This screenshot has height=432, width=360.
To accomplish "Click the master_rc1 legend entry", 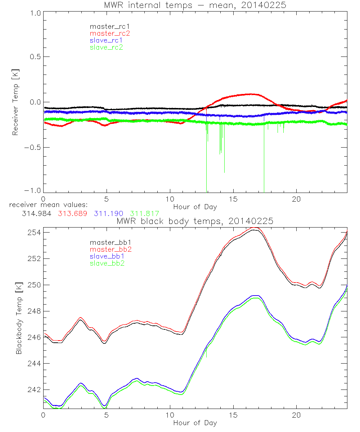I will pos(106,26).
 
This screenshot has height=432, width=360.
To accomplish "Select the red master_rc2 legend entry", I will pos(110,33).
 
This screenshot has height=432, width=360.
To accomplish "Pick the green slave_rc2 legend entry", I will pos(106,47).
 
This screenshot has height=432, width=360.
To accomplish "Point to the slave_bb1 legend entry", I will pos(106,256).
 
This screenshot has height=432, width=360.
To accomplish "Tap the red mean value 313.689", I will pos(72,213).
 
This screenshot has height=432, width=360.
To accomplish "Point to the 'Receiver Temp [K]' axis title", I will pos(15,102).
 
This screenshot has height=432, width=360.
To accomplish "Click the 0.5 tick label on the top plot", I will pos(35,57).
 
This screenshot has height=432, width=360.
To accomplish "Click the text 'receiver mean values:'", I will pos(46,205).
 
